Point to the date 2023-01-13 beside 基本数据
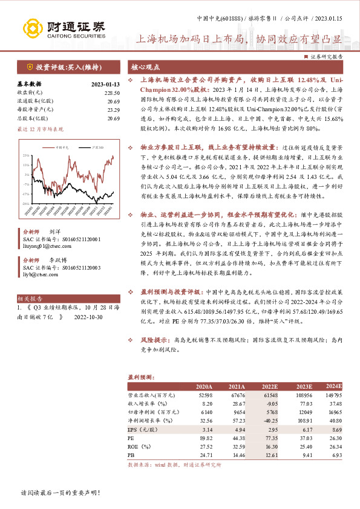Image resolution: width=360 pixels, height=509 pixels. coord(105,84)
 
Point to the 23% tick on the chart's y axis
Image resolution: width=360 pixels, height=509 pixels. coord(26,155)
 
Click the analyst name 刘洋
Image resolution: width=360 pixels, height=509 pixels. coord(54,232)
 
